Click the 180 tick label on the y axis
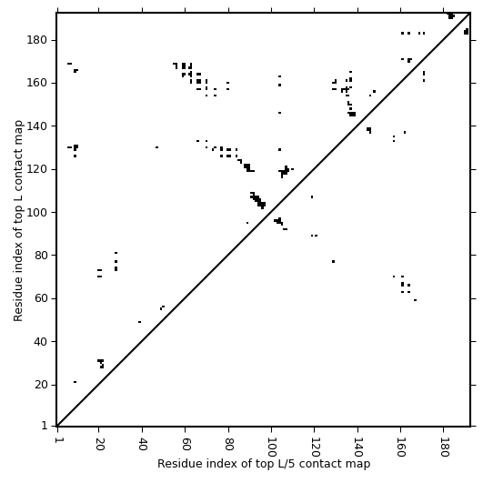click(36, 40)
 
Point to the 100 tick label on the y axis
click(36, 212)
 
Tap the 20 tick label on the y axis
click(40, 385)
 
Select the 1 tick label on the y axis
click(45, 426)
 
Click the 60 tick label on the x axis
click(186, 444)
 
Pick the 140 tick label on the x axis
click(357, 447)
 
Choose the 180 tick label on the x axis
click(444, 447)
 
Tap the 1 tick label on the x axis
click(57, 440)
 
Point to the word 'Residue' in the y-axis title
click(18, 297)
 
